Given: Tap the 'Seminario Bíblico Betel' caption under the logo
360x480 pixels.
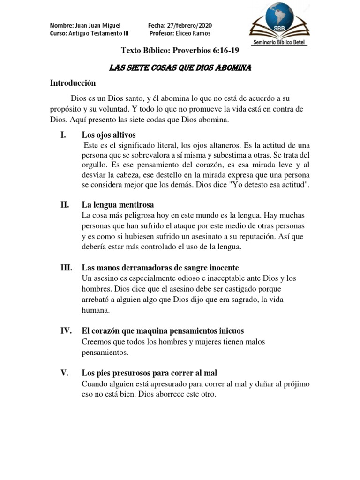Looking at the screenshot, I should (x=284, y=42).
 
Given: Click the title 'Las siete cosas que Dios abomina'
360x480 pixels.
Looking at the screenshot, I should (x=180, y=68).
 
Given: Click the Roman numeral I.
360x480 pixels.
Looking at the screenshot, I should (x=63, y=135).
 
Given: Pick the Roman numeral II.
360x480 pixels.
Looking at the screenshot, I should (x=65, y=205).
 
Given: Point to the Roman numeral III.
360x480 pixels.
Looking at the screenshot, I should (x=66, y=268).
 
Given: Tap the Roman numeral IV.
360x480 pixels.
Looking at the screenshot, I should (x=66, y=331).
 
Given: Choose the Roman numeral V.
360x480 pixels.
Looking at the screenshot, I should (x=65, y=373).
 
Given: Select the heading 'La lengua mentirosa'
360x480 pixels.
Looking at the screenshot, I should (x=118, y=205).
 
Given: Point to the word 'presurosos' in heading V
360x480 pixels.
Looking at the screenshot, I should (x=131, y=373).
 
